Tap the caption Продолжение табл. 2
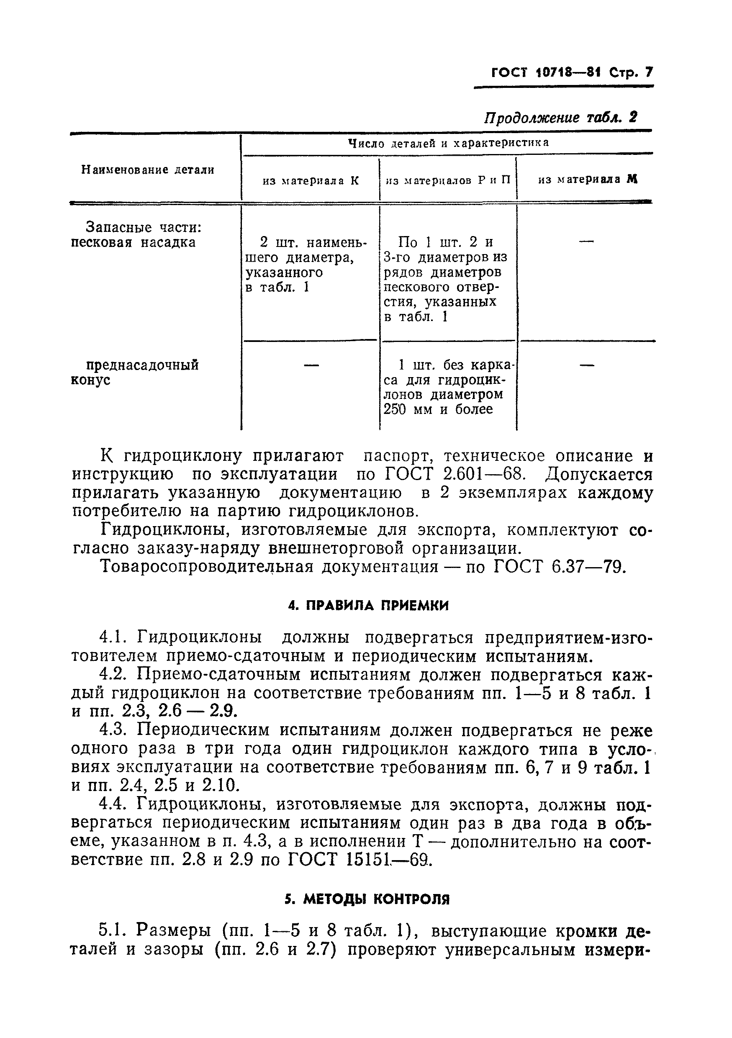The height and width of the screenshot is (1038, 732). pos(560,118)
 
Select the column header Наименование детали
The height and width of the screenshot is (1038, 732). pos(147,170)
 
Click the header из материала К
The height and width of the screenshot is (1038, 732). pos(311,180)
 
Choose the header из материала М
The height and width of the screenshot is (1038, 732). pos(587,180)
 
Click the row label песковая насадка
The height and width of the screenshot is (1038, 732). pos(134,243)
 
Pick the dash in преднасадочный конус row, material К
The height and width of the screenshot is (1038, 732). pos(310,365)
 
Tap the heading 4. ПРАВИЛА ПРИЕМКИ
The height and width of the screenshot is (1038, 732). pos(368,605)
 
